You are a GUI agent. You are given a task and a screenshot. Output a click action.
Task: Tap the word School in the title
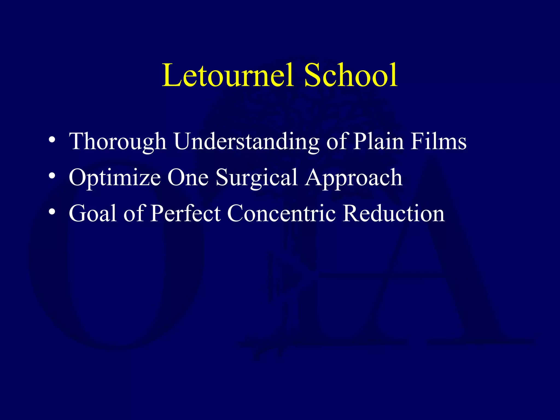(x=351, y=75)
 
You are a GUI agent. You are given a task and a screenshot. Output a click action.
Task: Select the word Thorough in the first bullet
(x=118, y=141)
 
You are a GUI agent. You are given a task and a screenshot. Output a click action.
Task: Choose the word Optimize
(x=115, y=178)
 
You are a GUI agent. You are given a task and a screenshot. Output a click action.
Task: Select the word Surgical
(x=257, y=178)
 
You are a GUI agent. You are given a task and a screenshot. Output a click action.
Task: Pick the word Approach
(x=354, y=178)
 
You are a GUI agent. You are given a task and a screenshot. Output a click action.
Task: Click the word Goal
(x=93, y=213)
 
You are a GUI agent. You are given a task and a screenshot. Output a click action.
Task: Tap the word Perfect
(x=186, y=213)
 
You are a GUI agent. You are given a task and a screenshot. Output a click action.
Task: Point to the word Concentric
(x=281, y=213)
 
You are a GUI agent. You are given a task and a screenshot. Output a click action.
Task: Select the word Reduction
(x=393, y=213)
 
